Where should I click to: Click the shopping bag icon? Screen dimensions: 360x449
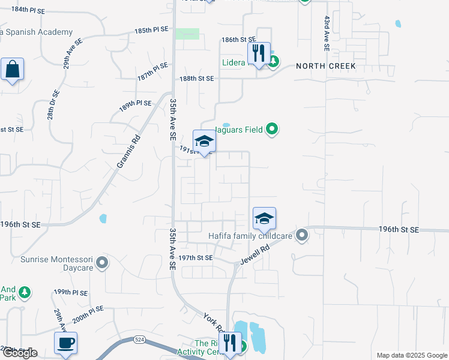(12, 70)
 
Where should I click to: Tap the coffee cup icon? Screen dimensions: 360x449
(65, 343)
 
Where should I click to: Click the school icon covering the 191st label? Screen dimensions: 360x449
(203, 142)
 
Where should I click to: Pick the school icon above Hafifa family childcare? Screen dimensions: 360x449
(264, 219)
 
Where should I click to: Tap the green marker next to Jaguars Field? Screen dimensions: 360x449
(272, 128)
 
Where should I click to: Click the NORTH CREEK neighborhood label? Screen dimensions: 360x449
(325, 66)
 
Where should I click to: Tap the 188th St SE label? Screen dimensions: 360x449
(197, 79)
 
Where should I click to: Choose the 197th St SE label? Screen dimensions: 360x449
(196, 257)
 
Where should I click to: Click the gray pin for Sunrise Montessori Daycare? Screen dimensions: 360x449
(102, 262)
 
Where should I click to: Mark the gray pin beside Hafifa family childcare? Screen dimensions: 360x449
(301, 235)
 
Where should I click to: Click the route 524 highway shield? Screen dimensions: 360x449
(139, 340)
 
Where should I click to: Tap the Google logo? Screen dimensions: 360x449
(20, 353)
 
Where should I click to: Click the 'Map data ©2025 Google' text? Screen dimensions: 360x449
(411, 355)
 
